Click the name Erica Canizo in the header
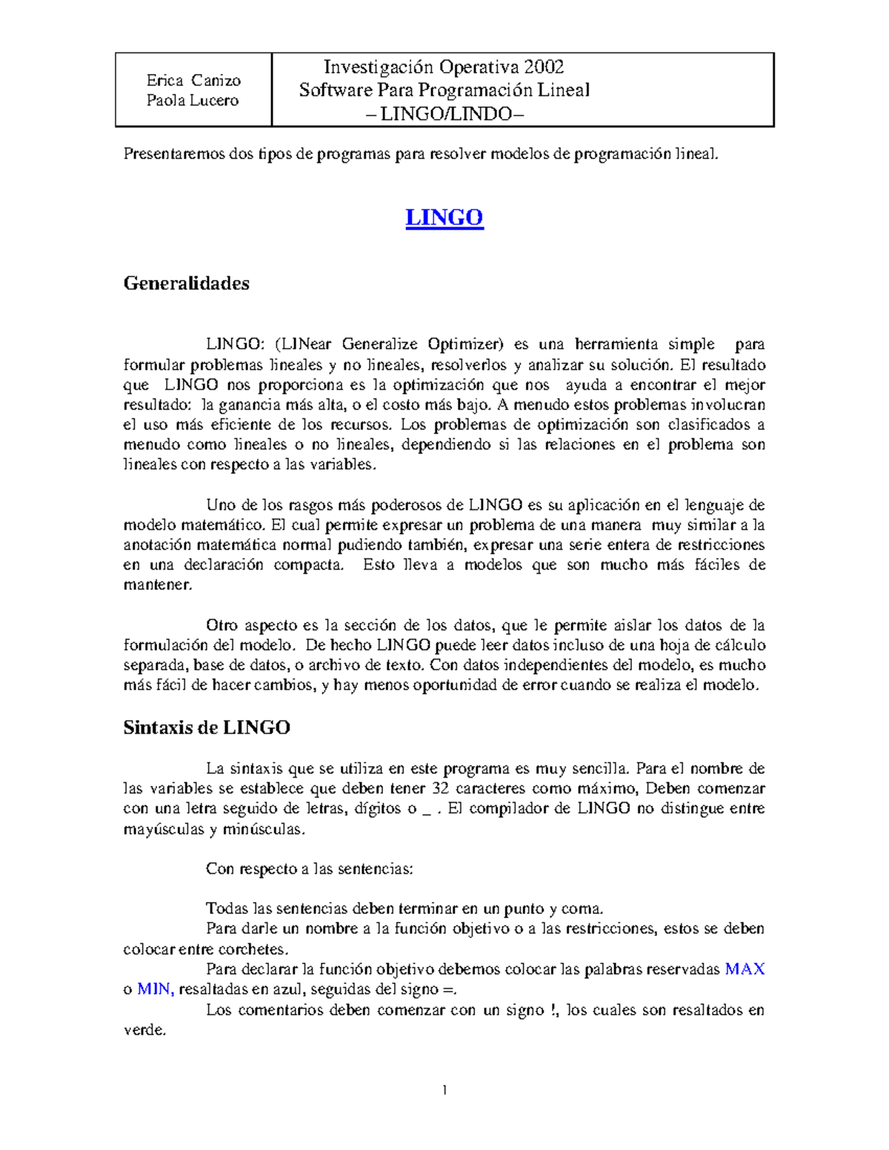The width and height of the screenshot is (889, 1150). (193, 80)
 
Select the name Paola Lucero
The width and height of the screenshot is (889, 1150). (193, 100)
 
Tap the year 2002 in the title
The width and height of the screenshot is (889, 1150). (544, 67)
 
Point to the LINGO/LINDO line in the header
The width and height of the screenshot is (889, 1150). (445, 114)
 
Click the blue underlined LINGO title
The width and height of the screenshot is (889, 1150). (444, 217)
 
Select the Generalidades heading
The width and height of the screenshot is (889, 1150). (186, 283)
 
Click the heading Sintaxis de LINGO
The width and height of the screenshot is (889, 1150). (206, 727)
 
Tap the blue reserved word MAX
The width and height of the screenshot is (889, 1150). (745, 969)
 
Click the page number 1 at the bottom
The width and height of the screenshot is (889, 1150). (444, 1090)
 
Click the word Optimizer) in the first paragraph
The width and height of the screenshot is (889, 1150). (465, 344)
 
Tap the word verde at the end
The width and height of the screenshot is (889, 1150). (144, 1030)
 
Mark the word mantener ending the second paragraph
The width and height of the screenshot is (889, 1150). (157, 585)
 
